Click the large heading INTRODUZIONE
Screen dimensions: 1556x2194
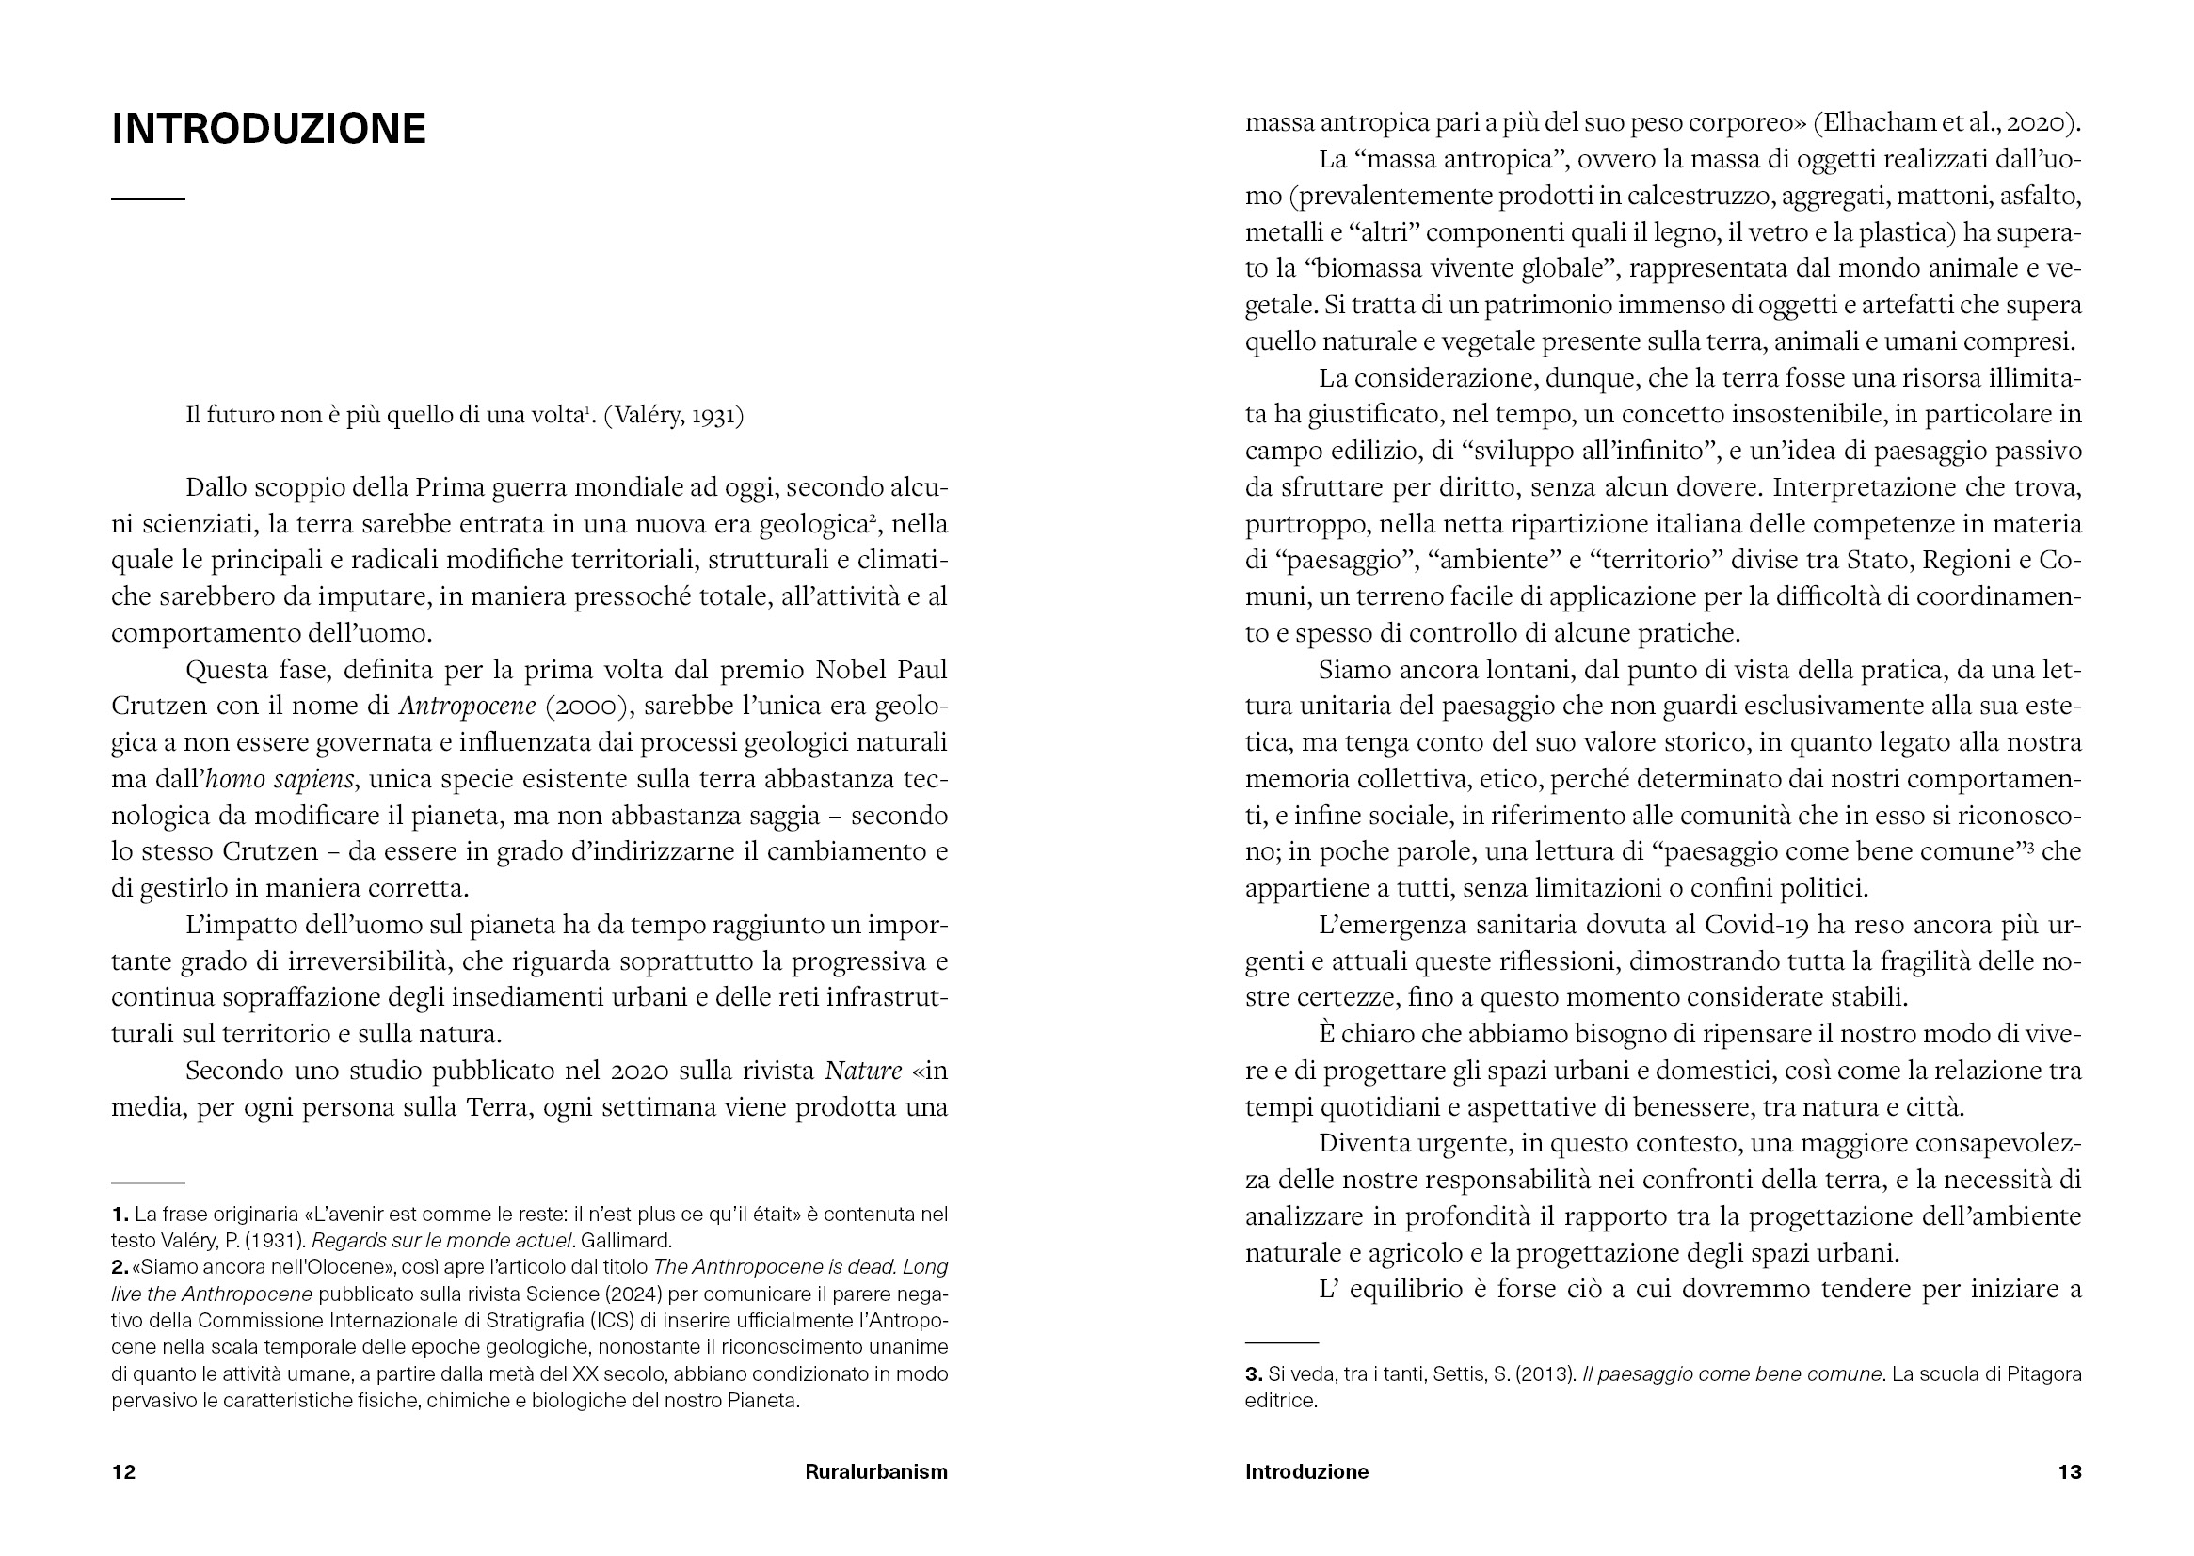[268, 129]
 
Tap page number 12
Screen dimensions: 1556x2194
[123, 1471]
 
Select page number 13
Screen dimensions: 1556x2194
[2070, 1471]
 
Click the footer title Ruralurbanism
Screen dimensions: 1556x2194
[875, 1471]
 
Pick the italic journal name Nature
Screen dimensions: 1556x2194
[863, 1071]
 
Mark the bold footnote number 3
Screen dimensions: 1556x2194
[1253, 1373]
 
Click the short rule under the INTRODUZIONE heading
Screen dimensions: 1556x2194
[148, 199]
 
